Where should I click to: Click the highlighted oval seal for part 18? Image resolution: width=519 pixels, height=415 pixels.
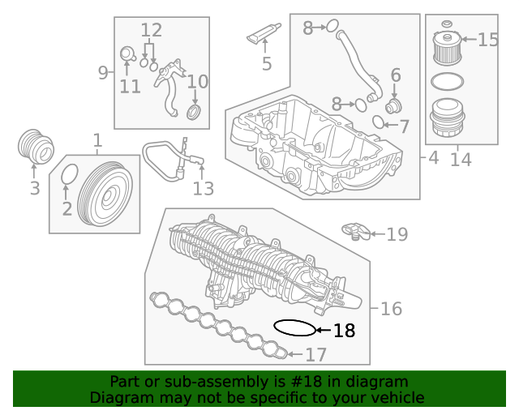[294, 328]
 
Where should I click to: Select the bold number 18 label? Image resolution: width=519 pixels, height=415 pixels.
[344, 331]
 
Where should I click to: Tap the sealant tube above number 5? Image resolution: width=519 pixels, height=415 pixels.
[264, 36]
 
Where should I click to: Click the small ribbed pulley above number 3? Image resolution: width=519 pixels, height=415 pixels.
[35, 146]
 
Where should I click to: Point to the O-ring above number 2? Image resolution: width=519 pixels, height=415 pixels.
[70, 174]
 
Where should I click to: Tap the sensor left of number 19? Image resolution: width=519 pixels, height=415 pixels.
[356, 230]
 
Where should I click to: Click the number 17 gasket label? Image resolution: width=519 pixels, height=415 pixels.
[315, 354]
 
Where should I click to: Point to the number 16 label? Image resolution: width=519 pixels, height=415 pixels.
[391, 309]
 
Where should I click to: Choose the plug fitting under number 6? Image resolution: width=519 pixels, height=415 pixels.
[393, 106]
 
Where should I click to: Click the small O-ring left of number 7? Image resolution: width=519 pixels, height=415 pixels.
[378, 123]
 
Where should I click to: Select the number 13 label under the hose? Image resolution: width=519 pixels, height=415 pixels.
[203, 189]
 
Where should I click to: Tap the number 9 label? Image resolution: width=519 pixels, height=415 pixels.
[103, 73]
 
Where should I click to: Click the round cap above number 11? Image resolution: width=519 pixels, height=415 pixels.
[127, 54]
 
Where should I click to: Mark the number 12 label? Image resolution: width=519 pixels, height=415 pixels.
[152, 32]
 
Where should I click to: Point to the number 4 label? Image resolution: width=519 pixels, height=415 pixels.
[433, 158]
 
